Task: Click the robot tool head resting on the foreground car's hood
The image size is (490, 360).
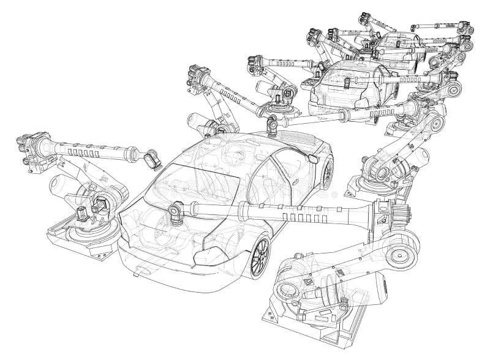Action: click(x=175, y=211)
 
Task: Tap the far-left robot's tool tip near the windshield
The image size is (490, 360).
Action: click(x=149, y=160)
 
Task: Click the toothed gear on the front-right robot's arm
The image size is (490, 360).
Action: click(x=398, y=216)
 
